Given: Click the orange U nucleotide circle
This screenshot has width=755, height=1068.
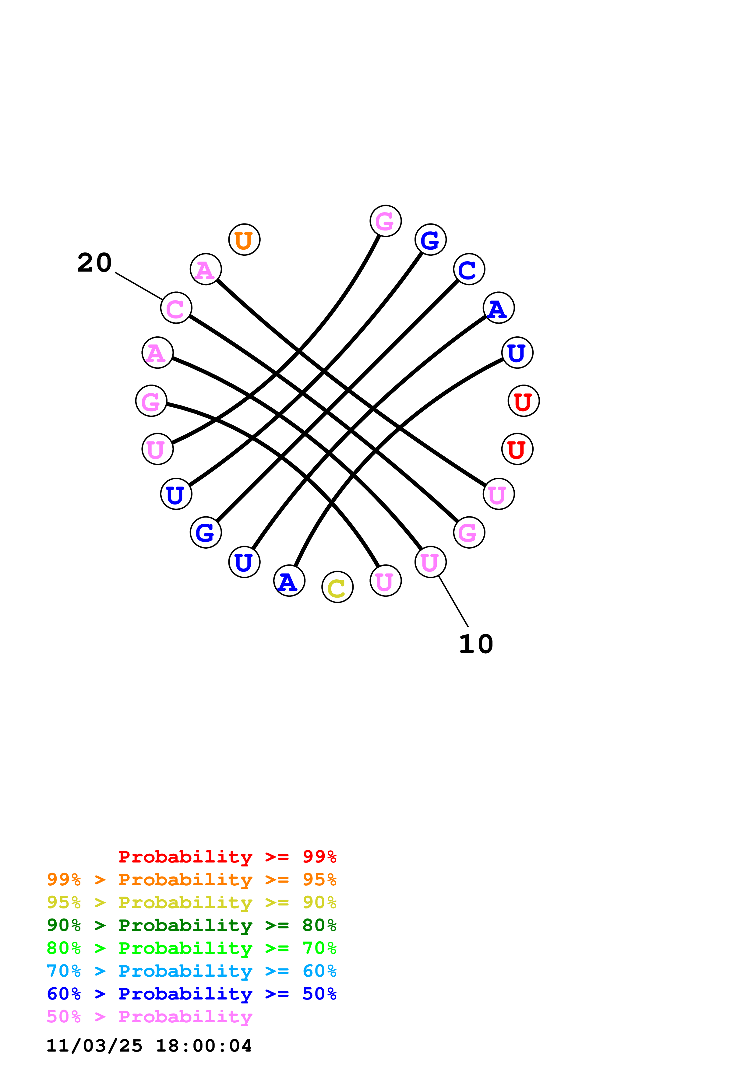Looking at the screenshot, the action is tap(244, 240).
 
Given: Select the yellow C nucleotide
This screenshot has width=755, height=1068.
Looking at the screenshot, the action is tap(337, 587).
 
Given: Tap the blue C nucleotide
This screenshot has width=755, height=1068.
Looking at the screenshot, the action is tap(469, 269).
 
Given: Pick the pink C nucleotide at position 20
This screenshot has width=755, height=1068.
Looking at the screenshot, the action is tap(176, 308).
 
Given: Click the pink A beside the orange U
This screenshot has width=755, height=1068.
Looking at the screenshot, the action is tap(206, 269).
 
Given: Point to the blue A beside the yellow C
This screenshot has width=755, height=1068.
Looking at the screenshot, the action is tap(289, 581).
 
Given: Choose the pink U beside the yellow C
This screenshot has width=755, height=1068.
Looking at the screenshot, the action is tap(385, 581).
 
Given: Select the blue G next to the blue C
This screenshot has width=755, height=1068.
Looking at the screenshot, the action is tap(430, 240).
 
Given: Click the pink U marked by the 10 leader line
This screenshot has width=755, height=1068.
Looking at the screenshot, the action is tap(430, 562).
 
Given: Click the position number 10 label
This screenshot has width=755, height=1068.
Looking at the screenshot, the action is tap(476, 644).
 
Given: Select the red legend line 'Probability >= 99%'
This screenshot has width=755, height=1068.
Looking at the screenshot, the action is tap(227, 857).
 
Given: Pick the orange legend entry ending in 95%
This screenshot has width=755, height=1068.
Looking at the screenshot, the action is tap(191, 880).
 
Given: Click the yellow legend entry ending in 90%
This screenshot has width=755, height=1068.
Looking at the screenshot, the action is tap(191, 902).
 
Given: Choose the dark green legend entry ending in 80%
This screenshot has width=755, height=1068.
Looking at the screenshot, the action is tap(191, 925).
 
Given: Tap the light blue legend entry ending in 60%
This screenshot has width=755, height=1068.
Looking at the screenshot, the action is tap(191, 971).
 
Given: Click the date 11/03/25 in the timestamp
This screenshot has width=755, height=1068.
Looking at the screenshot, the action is tap(94, 1046).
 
